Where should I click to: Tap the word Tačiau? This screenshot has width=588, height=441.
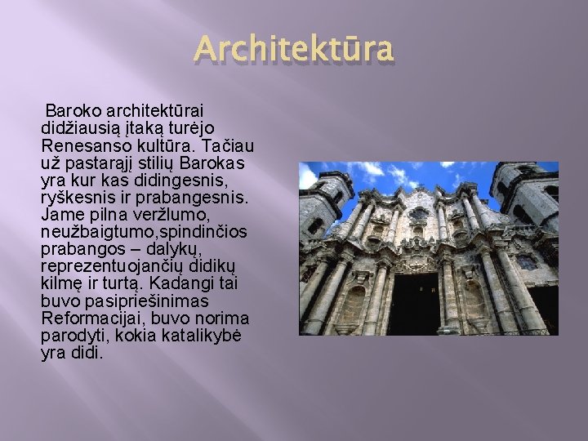(230, 145)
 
